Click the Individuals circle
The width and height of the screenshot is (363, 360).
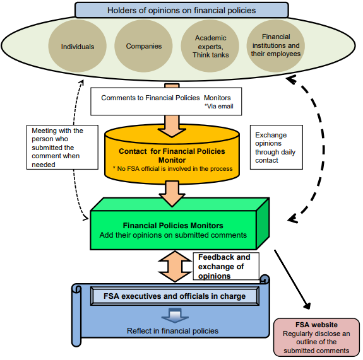(x=77, y=46)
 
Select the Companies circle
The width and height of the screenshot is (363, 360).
(x=143, y=46)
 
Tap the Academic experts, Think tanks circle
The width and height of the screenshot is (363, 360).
(x=210, y=46)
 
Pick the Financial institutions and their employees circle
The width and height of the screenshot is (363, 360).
(x=276, y=45)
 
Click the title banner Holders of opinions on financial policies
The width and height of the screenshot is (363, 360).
(x=182, y=10)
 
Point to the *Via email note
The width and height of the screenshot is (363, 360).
(x=219, y=107)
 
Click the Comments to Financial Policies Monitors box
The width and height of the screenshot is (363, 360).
(x=166, y=102)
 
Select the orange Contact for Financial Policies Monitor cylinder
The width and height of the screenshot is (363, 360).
(x=172, y=154)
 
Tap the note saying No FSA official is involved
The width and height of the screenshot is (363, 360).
(x=172, y=169)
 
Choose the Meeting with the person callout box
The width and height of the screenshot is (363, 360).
(x=62, y=148)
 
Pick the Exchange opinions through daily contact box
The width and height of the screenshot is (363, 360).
(x=276, y=148)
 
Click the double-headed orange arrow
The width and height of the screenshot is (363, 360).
(x=175, y=266)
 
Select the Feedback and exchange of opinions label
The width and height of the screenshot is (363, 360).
(x=226, y=266)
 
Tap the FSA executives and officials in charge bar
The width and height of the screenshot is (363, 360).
(x=174, y=296)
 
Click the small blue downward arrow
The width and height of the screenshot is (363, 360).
(x=175, y=315)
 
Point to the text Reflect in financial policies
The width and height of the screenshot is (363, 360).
(x=172, y=331)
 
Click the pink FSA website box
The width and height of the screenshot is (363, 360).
(x=316, y=337)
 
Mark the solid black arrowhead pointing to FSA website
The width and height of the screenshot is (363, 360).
(x=307, y=306)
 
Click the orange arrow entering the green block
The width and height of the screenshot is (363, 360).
(x=172, y=194)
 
